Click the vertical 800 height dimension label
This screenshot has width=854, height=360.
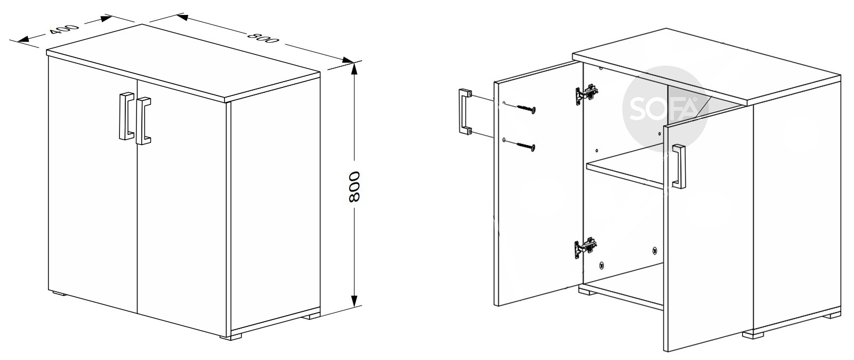click(x=354, y=187)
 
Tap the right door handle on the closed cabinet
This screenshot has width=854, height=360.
click(x=143, y=121)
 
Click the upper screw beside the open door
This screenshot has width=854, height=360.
click(x=526, y=108)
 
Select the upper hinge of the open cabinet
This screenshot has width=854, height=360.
click(x=586, y=94)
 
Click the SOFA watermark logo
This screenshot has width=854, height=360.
click(x=665, y=109)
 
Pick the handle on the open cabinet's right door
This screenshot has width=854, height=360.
click(x=679, y=166)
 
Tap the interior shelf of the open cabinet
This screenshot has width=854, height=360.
click(x=625, y=168)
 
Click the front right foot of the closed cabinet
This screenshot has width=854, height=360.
click(x=231, y=337)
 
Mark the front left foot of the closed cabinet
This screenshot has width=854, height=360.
click(x=59, y=294)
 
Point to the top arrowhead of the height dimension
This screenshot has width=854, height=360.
click(x=354, y=69)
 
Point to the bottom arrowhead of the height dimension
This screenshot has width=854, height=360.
click(x=354, y=300)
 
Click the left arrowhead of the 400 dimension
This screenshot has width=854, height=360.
click(x=23, y=39)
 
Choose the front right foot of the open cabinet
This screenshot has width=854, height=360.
click(x=753, y=335)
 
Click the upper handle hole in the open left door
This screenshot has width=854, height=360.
click(x=504, y=103)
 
